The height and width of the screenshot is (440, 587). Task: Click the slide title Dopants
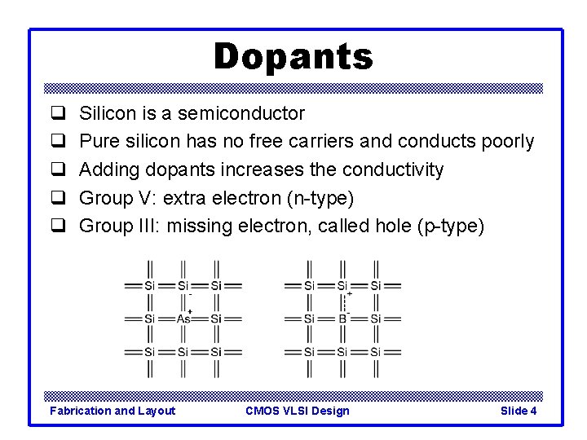pyautogui.click(x=293, y=57)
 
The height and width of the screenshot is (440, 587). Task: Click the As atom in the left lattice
pyautogui.click(x=183, y=319)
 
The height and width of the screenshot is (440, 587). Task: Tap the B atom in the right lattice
pyautogui.click(x=342, y=319)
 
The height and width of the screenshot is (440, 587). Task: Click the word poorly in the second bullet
pyautogui.click(x=506, y=142)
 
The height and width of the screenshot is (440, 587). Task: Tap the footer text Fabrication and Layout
pyautogui.click(x=113, y=411)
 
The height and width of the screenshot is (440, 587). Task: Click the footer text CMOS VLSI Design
pyautogui.click(x=298, y=411)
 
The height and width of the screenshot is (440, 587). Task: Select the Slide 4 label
pyautogui.click(x=519, y=411)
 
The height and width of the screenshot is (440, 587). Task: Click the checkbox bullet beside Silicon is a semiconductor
pyautogui.click(x=59, y=113)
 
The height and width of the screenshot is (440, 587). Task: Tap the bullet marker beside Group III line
pyautogui.click(x=59, y=226)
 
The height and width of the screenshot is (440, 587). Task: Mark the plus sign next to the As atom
pyautogui.click(x=190, y=311)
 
